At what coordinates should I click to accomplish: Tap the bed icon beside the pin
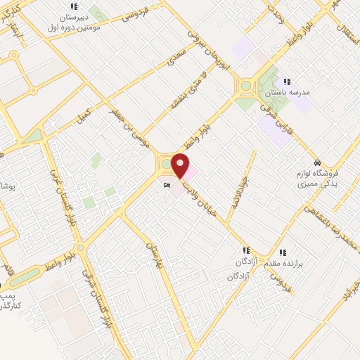[x=166, y=186]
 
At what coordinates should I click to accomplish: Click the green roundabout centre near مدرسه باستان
[x=245, y=86]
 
